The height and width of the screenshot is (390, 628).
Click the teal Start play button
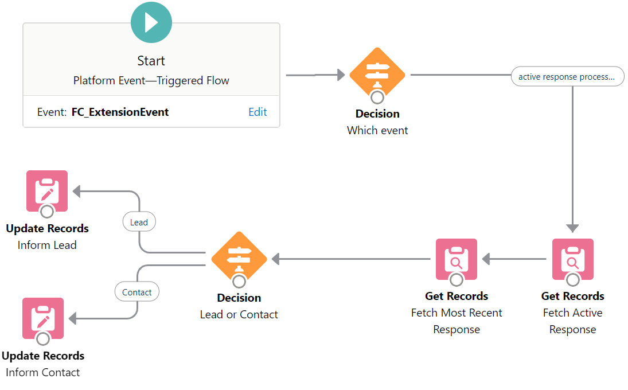tap(151, 22)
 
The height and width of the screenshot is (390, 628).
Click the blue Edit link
tap(258, 112)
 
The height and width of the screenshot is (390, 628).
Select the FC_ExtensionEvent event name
tap(120, 112)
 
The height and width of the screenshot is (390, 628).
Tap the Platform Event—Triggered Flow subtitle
tap(151, 80)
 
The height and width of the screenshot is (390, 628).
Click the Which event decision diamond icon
tap(377, 75)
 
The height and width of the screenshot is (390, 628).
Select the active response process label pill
tap(568, 76)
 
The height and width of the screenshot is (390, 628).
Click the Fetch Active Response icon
tap(573, 259)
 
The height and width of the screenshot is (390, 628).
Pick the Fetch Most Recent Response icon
tap(457, 259)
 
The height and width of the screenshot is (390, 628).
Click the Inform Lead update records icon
tap(47, 191)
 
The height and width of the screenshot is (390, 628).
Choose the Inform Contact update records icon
tap(43, 318)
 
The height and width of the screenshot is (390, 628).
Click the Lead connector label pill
tap(139, 222)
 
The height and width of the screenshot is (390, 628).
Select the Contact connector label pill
tap(137, 291)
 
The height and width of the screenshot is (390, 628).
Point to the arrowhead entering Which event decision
tap(341, 75)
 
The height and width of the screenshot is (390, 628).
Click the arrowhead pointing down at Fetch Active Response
tap(572, 228)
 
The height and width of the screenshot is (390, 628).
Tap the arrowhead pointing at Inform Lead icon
tap(76, 192)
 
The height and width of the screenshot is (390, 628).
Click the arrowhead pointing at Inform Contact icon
tap(72, 318)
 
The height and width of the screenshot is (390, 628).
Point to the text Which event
tap(377, 130)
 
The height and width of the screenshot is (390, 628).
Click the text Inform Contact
tap(43, 372)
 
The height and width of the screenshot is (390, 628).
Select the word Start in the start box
tap(151, 61)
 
